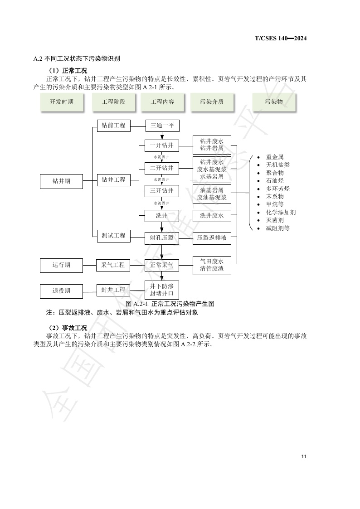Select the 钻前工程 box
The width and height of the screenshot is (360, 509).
click(114, 126)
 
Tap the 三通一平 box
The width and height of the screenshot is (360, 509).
click(162, 126)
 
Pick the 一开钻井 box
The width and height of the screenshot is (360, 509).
click(162, 146)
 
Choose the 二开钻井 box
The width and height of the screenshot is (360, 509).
click(162, 168)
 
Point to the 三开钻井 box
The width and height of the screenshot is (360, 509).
click(162, 191)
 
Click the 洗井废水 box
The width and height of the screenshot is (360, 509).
click(212, 216)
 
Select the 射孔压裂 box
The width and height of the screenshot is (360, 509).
click(162, 238)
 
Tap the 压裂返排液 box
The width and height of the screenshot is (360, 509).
click(212, 238)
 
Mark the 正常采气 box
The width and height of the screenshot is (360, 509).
click(162, 265)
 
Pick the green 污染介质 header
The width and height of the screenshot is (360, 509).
click(212, 102)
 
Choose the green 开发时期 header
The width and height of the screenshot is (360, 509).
click(62, 102)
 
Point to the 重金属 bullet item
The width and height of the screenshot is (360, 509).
click(275, 157)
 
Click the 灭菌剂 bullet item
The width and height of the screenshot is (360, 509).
click(275, 220)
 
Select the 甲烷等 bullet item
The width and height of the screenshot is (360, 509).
click(275, 204)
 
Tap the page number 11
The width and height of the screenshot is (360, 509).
click(304, 456)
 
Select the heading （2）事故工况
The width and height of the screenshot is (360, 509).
click(68, 328)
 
